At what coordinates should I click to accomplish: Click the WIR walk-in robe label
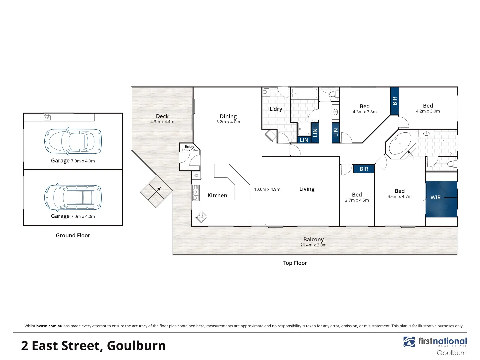[435, 198]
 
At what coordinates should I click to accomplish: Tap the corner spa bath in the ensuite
[400, 144]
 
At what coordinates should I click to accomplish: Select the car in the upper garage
[73, 141]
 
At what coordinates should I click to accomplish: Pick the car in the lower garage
[73, 197]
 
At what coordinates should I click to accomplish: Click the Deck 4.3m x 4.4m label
[162, 119]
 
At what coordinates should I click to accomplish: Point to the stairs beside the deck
[156, 191]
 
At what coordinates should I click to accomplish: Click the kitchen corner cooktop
[201, 217]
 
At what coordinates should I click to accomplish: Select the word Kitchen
[217, 196]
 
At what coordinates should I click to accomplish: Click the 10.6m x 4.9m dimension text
[267, 189]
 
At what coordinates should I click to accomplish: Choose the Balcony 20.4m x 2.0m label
[313, 242]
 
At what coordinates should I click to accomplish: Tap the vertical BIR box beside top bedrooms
[394, 101]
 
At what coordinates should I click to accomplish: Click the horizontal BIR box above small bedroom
[364, 169]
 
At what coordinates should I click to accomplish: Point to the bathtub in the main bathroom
[304, 93]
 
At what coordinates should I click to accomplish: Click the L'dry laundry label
[276, 109]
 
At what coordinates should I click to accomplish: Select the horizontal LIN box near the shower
[304, 140]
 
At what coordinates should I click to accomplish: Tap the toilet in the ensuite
[453, 164]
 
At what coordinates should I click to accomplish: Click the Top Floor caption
[295, 263]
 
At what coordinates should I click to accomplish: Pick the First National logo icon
[409, 342]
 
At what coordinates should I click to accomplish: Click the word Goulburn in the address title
[136, 346]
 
